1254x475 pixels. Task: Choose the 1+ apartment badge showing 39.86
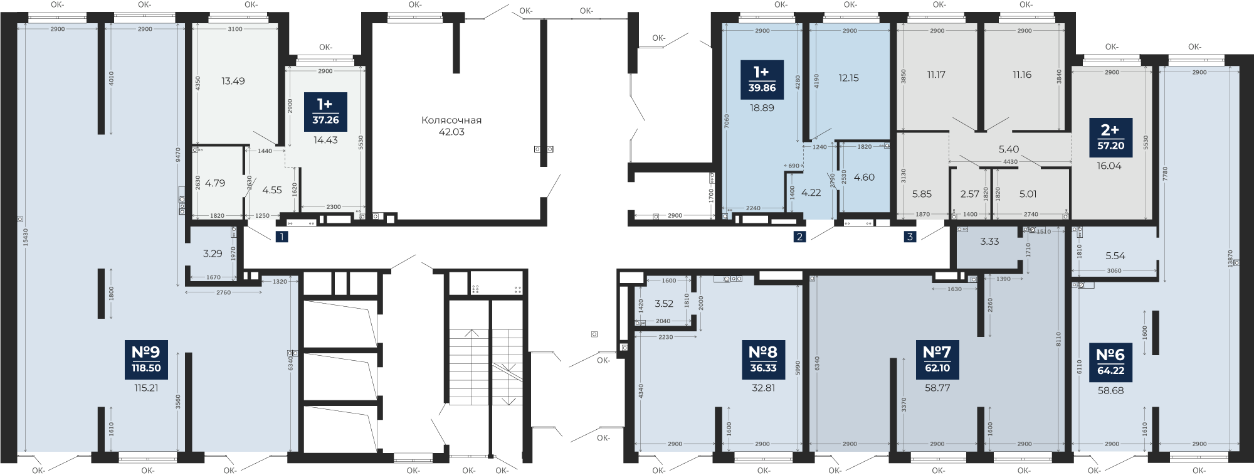click(762, 80)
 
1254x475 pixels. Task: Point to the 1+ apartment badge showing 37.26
click(324, 111)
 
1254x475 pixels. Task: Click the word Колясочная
click(451, 120)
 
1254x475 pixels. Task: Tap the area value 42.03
click(451, 132)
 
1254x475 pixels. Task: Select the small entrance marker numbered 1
click(282, 237)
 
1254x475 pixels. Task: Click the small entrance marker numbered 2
click(799, 237)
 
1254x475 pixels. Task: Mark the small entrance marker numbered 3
click(910, 237)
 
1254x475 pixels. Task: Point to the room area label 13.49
click(233, 81)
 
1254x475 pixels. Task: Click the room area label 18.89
click(762, 108)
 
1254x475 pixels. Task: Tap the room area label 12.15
click(848, 78)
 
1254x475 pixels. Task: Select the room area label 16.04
click(1109, 166)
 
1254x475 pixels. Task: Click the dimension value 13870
click(1231, 260)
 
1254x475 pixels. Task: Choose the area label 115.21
click(146, 388)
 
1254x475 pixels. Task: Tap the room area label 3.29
click(213, 254)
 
